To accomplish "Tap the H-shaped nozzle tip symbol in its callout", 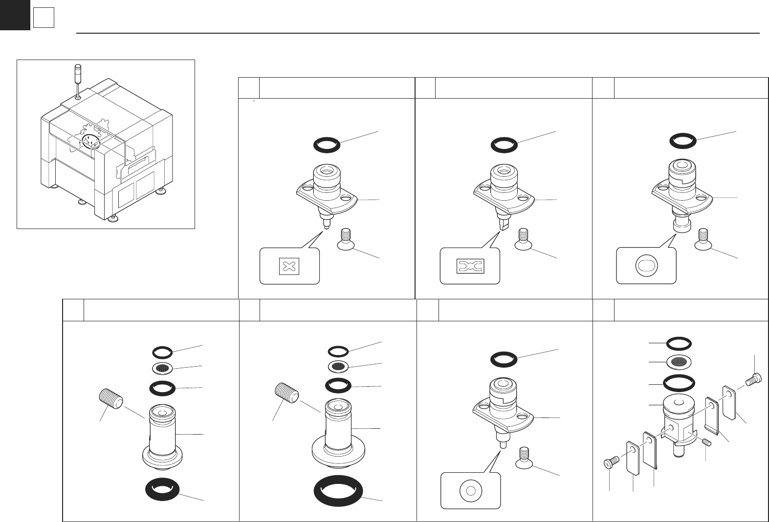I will (470, 266).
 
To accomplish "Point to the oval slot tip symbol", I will (646, 266).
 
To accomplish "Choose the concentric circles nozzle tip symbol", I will (471, 490).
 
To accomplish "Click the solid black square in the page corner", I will (15, 15).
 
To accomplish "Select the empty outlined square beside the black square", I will (44, 19).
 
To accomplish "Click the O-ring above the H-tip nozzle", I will (504, 145).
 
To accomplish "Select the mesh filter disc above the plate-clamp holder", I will (679, 362).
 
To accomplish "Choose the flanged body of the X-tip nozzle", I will (327, 193).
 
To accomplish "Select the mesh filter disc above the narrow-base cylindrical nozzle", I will (162, 368).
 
